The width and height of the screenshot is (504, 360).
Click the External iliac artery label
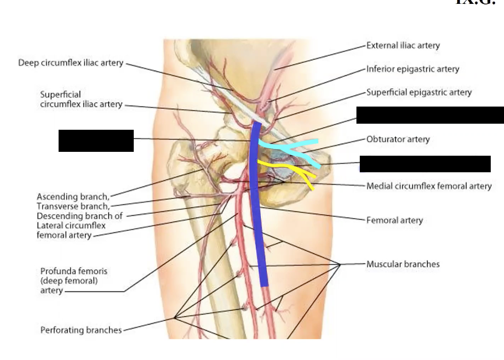(x=403, y=45)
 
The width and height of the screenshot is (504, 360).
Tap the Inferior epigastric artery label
(x=412, y=69)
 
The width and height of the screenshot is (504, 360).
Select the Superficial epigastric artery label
(x=419, y=92)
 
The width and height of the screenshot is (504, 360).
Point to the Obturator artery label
(x=398, y=139)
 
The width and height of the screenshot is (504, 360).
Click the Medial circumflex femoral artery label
(x=429, y=186)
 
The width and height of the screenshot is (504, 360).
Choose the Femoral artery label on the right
(x=394, y=220)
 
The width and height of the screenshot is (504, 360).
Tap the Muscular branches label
(x=403, y=264)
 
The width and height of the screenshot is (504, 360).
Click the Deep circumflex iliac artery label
(x=71, y=62)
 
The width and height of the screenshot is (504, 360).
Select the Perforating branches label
(x=81, y=330)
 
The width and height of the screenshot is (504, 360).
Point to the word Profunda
(x=57, y=271)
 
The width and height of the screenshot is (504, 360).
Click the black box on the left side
(x=96, y=141)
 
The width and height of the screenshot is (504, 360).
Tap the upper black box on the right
(x=430, y=115)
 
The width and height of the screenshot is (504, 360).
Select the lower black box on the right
(x=425, y=164)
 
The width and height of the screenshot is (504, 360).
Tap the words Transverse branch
(x=73, y=206)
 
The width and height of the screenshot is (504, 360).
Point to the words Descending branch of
(x=80, y=216)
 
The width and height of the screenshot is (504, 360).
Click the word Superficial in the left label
(x=60, y=94)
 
